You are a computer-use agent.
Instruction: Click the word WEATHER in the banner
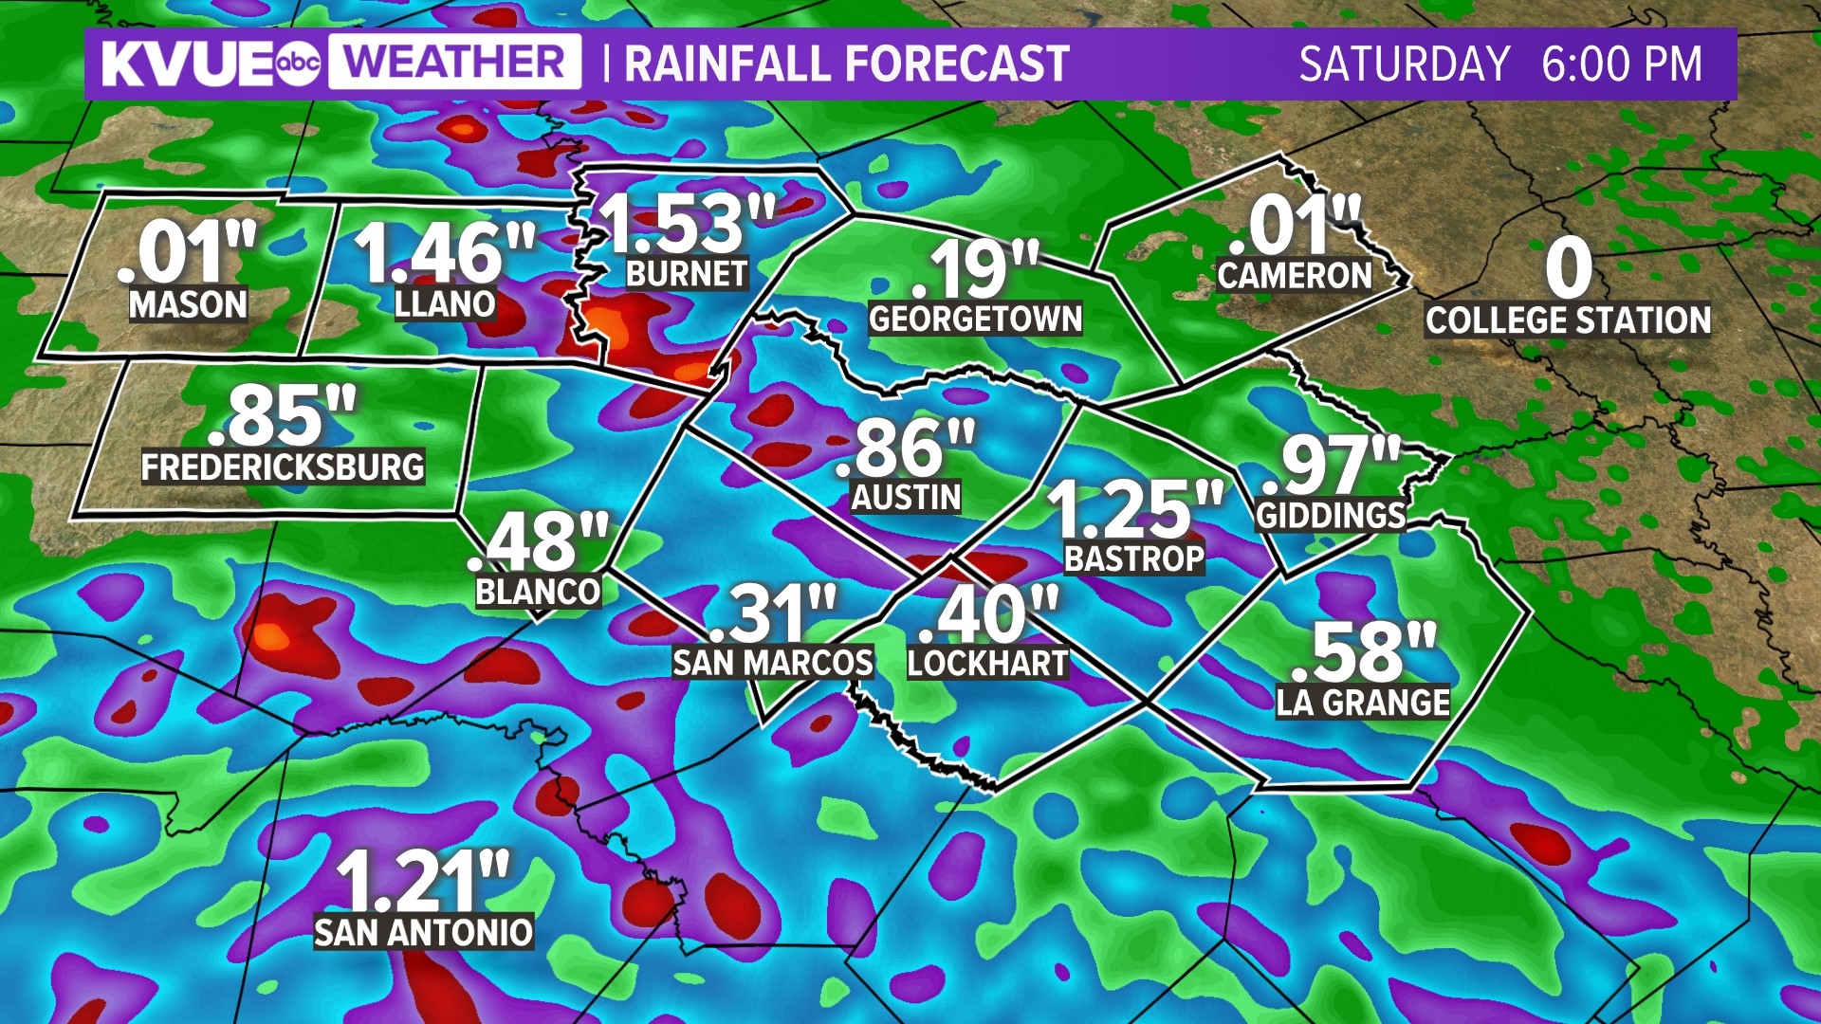click(x=454, y=63)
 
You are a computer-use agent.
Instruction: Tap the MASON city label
click(x=188, y=304)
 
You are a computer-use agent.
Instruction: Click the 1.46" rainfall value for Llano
click(x=444, y=253)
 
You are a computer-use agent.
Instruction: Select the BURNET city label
click(x=687, y=274)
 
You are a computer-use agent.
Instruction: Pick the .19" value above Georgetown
click(x=975, y=270)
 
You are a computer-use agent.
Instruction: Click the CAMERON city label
click(x=1295, y=276)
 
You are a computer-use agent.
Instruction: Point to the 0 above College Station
click(x=1568, y=268)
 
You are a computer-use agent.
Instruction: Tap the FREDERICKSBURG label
click(x=283, y=467)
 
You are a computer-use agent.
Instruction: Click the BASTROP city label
click(x=1134, y=559)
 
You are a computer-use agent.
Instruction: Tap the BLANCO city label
click(x=538, y=592)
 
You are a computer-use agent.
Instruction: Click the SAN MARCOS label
click(x=772, y=663)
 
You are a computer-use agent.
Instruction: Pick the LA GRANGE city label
click(x=1363, y=703)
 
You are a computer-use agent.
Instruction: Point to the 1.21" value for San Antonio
click(x=423, y=881)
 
